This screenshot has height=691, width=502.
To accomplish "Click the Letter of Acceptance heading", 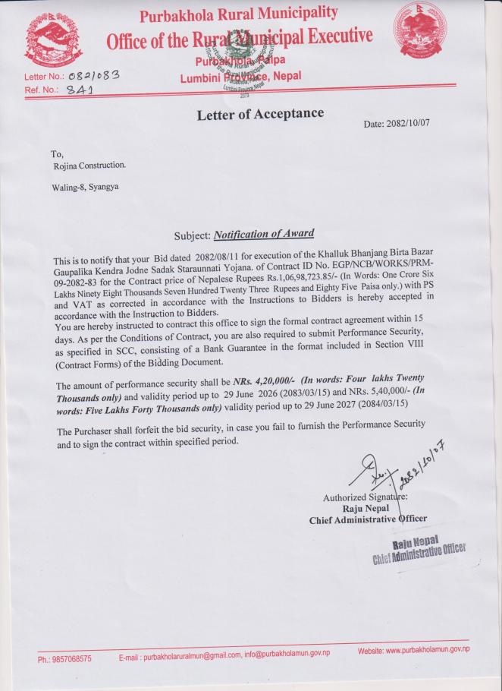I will click(260, 115).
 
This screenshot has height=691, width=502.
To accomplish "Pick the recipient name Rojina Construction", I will click(89, 165).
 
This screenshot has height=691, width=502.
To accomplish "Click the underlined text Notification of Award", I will click(264, 234).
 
